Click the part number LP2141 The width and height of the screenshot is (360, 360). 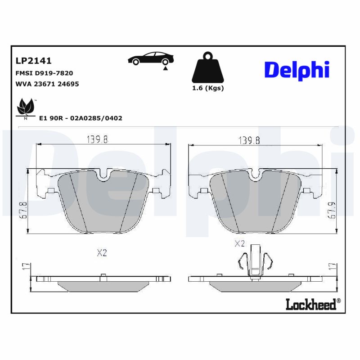click(x=34, y=60)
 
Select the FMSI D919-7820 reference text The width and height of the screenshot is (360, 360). click(x=44, y=72)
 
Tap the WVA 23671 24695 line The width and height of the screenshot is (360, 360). click(x=47, y=84)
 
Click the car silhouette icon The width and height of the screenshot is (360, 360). click(x=150, y=60)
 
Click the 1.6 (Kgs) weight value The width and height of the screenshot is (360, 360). click(x=208, y=88)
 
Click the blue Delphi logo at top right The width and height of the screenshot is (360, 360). click(x=297, y=70)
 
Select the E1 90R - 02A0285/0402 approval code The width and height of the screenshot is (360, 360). click(x=81, y=118)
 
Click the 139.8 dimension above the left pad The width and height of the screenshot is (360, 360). click(x=97, y=139)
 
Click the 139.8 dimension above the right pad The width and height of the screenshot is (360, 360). click(x=249, y=140)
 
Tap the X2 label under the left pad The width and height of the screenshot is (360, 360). click(x=102, y=253)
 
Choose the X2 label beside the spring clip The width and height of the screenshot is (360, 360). click(x=239, y=244)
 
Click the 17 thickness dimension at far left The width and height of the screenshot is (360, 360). click(x=25, y=267)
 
